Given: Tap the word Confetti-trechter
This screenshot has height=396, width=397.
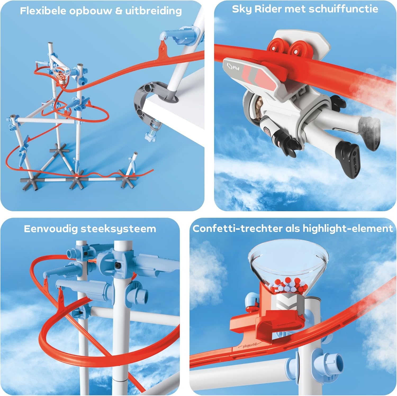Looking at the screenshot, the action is coord(238,228).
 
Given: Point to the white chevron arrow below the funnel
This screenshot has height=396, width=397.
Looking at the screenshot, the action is coord(287,303).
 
